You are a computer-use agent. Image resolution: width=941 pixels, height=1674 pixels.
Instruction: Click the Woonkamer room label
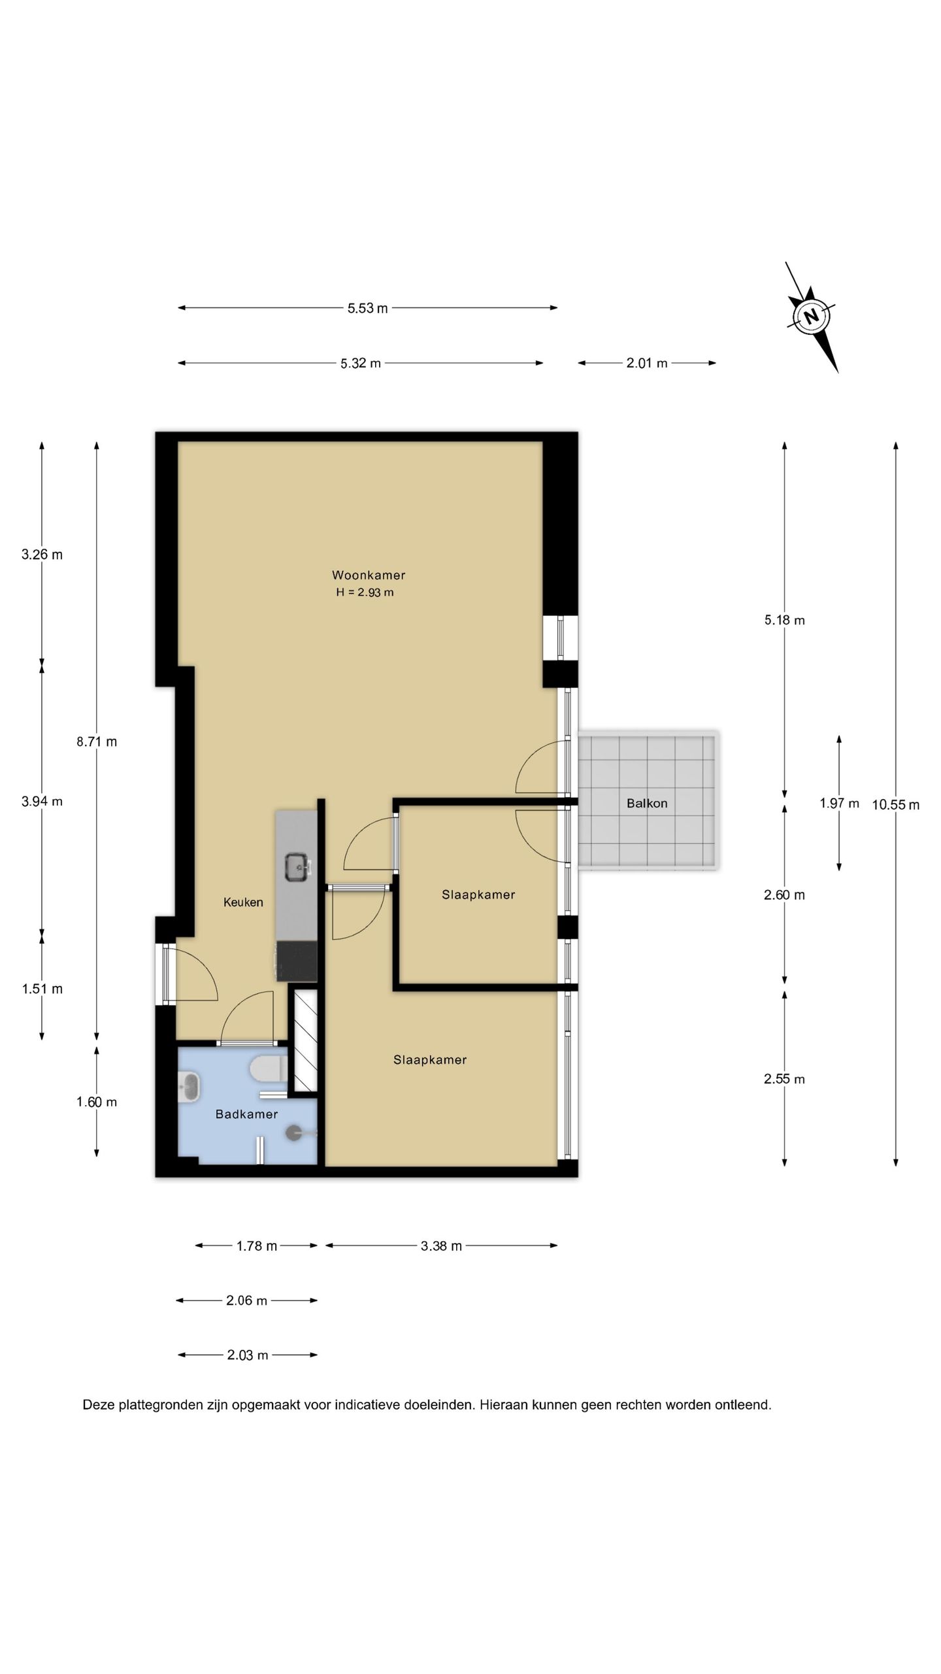[369, 575]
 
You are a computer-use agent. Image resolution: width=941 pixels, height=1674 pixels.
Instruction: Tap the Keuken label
[243, 902]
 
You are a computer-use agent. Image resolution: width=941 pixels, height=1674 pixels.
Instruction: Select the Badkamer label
[247, 1114]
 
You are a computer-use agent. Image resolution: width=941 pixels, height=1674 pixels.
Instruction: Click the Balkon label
[647, 803]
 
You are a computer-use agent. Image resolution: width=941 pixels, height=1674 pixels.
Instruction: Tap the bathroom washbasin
[190, 1087]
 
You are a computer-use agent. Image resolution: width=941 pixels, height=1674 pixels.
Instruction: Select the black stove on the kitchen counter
[297, 961]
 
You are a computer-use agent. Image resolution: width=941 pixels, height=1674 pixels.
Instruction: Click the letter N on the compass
[811, 316]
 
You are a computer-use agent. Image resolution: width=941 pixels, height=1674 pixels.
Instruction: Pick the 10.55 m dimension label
[895, 805]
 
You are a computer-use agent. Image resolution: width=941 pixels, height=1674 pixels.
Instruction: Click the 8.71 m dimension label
[97, 742]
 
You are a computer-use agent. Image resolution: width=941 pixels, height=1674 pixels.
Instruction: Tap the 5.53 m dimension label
[368, 308]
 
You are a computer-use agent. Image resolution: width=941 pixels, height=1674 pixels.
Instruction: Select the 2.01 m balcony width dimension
[647, 363]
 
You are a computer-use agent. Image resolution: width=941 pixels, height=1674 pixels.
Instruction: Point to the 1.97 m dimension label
[839, 803]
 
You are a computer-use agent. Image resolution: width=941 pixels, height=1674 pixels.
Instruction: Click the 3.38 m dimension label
[441, 1246]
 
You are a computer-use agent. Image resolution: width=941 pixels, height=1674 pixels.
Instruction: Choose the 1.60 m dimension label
[97, 1102]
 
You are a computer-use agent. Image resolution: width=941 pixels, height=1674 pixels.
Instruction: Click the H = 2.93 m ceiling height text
[365, 592]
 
